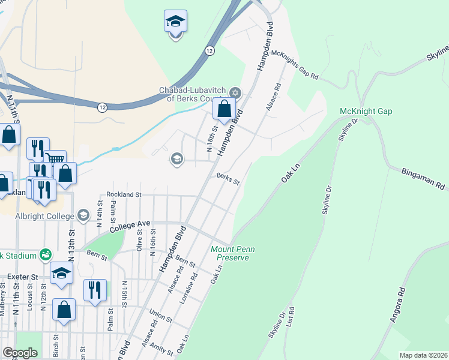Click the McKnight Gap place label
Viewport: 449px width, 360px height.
(366, 112)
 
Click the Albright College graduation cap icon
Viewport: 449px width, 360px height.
(83, 215)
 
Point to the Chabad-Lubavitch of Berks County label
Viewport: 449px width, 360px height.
(190, 94)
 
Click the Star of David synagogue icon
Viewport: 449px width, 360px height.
(235, 93)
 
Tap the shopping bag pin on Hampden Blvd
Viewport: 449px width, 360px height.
(224, 110)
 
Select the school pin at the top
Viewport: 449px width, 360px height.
(175, 22)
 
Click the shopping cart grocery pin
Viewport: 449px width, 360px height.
(55, 160)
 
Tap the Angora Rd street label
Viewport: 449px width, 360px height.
(398, 306)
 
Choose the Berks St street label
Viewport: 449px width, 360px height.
(228, 180)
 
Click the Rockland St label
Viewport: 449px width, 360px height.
(124, 194)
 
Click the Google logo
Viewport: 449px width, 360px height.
(20, 353)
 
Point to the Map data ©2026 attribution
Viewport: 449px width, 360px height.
(424, 355)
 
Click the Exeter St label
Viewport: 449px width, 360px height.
(23, 277)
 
